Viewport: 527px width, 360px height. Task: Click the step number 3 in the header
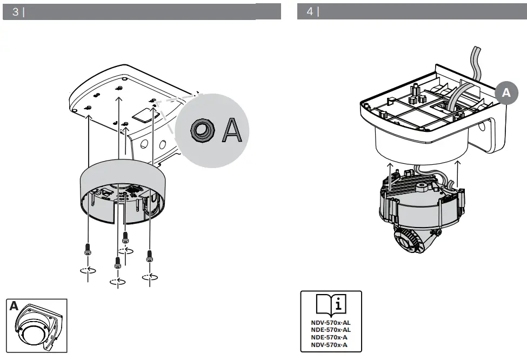coord(15,12)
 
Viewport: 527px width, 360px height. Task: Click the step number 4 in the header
coord(310,12)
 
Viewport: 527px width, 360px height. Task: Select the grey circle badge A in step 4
coord(506,92)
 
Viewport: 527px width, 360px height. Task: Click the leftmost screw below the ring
coord(88,250)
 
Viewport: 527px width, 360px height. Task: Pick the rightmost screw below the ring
coord(150,255)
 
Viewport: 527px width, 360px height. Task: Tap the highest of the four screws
coord(125,237)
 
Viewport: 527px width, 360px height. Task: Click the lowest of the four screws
coord(117,263)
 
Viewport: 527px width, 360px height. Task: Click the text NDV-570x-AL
coord(331,322)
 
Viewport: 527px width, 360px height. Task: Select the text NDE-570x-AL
coord(331,329)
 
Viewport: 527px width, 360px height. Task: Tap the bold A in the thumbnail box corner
coord(14,306)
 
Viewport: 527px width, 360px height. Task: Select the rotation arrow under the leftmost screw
coord(88,270)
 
